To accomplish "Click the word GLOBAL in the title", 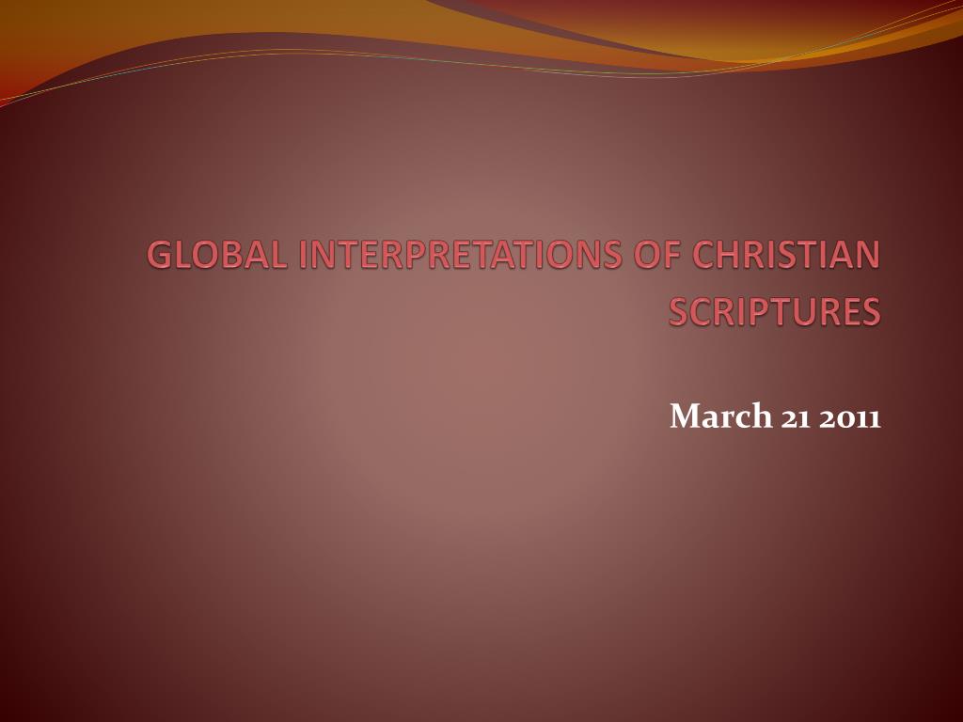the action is tap(217, 254).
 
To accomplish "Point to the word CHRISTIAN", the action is tap(785, 254).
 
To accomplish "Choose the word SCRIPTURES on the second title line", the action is tap(775, 311).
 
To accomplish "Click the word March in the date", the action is tap(720, 416).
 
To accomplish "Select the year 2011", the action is tap(850, 418).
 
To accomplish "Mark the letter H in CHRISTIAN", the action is tap(731, 254).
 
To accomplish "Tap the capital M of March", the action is tap(686, 416).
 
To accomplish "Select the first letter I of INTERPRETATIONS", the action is tap(303, 254).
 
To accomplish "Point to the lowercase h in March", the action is tap(761, 416).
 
